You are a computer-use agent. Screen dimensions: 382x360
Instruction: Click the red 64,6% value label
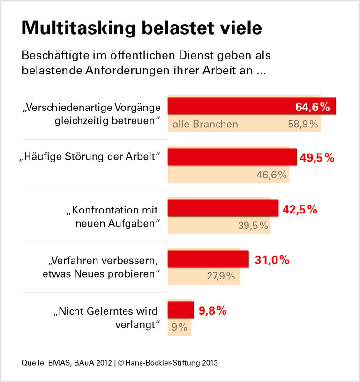coord(313,107)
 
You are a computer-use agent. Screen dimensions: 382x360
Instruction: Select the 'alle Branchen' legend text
coord(205,125)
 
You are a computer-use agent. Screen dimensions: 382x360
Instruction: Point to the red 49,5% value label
coord(317,158)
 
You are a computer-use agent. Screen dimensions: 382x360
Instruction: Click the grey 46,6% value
coord(271,176)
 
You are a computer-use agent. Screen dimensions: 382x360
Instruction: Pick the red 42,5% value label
coord(300,209)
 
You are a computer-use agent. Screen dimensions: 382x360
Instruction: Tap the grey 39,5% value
coord(253,226)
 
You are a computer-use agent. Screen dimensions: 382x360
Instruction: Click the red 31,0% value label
coord(272,260)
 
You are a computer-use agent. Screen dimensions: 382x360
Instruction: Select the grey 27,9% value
coord(221,276)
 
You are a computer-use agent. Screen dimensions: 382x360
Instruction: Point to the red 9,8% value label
coord(213,310)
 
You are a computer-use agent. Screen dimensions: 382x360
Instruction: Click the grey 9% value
coord(180,327)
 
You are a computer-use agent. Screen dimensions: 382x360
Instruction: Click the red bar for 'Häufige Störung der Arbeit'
coord(232,157)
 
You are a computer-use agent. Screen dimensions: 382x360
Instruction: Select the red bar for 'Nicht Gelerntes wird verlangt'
coord(180,310)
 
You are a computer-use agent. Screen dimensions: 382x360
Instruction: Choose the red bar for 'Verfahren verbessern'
coord(208,259)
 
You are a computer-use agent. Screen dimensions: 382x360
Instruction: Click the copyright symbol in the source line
coord(120,363)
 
